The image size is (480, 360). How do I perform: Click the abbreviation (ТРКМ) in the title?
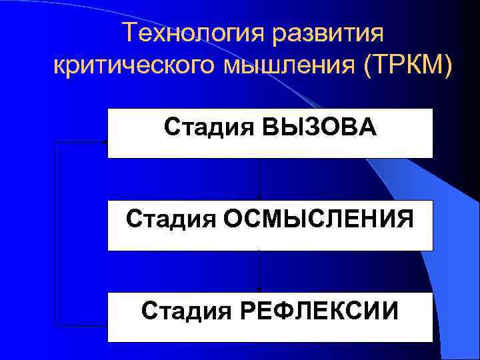coord(408,66)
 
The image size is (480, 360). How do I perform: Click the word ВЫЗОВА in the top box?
coord(319,126)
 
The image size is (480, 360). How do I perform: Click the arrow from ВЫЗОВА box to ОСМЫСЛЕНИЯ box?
coord(259,179)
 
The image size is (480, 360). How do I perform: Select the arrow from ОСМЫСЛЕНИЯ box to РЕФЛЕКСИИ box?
coord(259,271)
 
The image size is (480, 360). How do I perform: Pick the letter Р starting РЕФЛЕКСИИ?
coord(247,310)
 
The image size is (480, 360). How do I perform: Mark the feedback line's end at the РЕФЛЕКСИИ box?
coord(105,325)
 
